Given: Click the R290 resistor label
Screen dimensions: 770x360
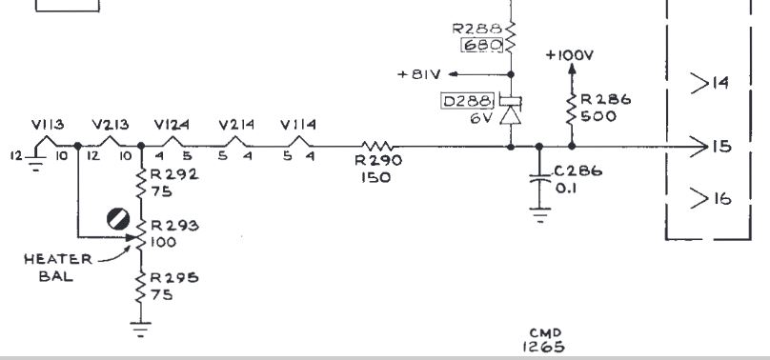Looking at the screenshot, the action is pos(378,160).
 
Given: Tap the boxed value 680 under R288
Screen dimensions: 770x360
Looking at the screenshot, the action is pos(482,46).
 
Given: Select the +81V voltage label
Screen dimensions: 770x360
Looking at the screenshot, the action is pos(419,74).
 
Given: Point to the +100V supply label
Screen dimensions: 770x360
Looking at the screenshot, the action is pos(570,55).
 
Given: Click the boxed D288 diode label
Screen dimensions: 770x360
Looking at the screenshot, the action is pos(468,102).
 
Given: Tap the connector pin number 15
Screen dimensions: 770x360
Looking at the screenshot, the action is pos(721,146).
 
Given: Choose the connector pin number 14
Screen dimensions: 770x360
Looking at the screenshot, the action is pos(720,83).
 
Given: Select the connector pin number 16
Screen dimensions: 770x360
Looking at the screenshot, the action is pos(721,198).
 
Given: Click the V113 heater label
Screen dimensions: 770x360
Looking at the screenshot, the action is pos(48,125).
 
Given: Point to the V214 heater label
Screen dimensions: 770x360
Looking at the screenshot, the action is pos(236,125).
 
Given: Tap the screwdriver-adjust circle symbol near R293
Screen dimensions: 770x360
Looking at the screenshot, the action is pos(118,219).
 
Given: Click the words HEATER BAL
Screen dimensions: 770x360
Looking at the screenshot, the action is pos(57,268).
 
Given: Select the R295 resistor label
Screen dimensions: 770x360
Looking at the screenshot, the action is pos(174,277).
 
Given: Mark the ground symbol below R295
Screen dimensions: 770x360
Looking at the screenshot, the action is pos(141,330).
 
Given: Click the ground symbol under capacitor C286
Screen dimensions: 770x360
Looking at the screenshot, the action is pos(539,215).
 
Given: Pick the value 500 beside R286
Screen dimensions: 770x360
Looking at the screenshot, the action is pos(598,117).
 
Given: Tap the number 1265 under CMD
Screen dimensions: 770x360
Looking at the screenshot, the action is pos(543,347).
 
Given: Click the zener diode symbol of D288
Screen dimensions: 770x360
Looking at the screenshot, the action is pos(510,110).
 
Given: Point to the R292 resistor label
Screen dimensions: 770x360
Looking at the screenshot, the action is pos(174,174).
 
